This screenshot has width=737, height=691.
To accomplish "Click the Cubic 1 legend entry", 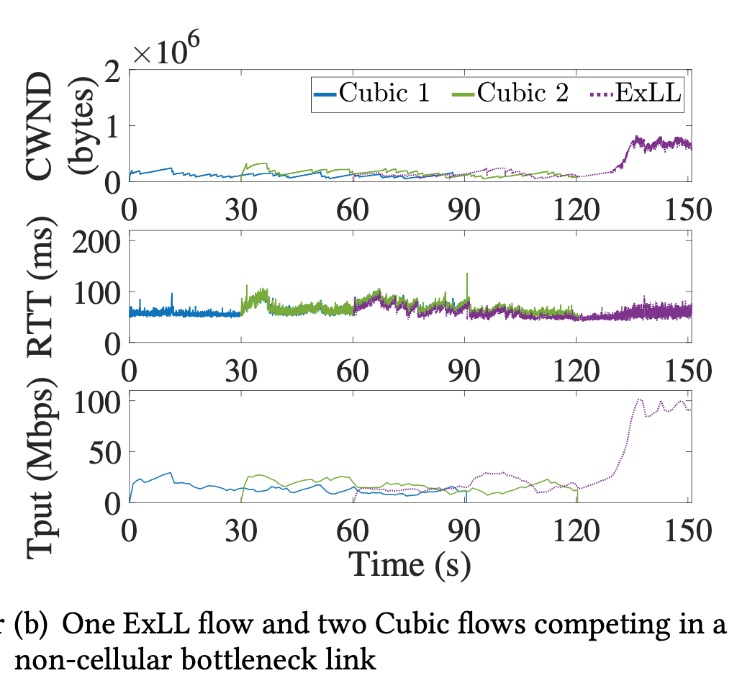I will (371, 93).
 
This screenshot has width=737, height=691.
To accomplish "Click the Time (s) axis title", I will (410, 564).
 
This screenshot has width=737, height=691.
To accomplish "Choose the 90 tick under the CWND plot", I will (466, 210).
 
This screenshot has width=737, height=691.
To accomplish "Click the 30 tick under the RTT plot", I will (241, 370).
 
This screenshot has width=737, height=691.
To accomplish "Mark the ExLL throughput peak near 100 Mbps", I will (638, 399).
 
